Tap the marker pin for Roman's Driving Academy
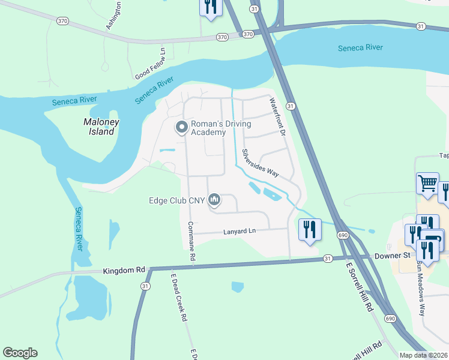click(181, 127)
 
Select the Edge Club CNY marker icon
click(214, 200)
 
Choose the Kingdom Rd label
click(124, 271)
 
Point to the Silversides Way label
click(261, 162)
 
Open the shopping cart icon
click(427, 183)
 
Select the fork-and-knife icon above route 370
click(209, 7)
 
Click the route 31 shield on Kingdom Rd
click(146, 287)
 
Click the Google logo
click(20, 353)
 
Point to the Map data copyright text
click(423, 355)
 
